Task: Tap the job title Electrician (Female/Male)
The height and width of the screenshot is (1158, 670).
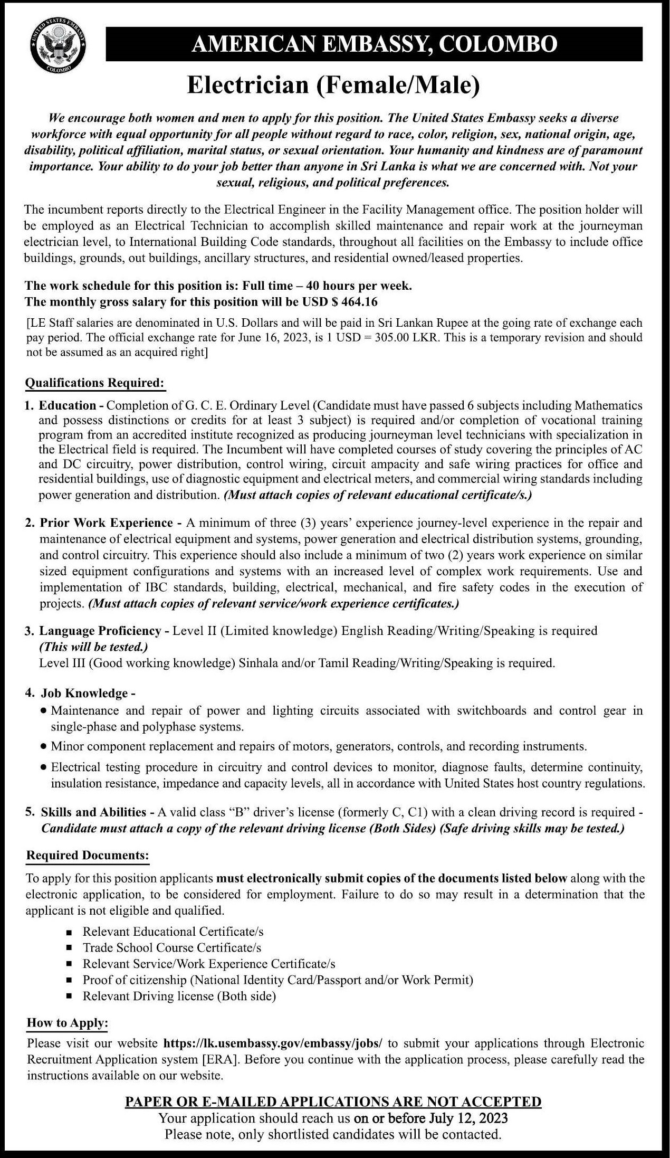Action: (x=334, y=86)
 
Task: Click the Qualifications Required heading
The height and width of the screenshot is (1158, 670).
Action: (x=95, y=383)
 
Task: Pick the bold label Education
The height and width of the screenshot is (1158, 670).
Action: (x=68, y=405)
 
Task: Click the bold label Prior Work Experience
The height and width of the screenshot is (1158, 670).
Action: (x=106, y=523)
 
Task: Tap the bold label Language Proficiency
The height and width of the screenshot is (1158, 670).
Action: (x=100, y=631)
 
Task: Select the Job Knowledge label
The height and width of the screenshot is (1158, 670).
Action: (x=84, y=693)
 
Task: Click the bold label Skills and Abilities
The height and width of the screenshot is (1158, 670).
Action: (x=93, y=812)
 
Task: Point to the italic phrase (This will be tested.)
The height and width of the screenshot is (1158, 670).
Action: (x=93, y=647)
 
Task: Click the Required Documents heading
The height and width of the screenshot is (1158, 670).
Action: (x=88, y=855)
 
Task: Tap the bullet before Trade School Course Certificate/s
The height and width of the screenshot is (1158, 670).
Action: (x=69, y=948)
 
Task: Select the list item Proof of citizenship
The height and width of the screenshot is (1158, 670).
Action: (x=277, y=980)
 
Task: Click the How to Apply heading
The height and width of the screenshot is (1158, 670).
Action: (x=67, y=1023)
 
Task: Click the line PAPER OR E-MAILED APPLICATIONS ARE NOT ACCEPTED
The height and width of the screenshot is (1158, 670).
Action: (x=333, y=1102)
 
